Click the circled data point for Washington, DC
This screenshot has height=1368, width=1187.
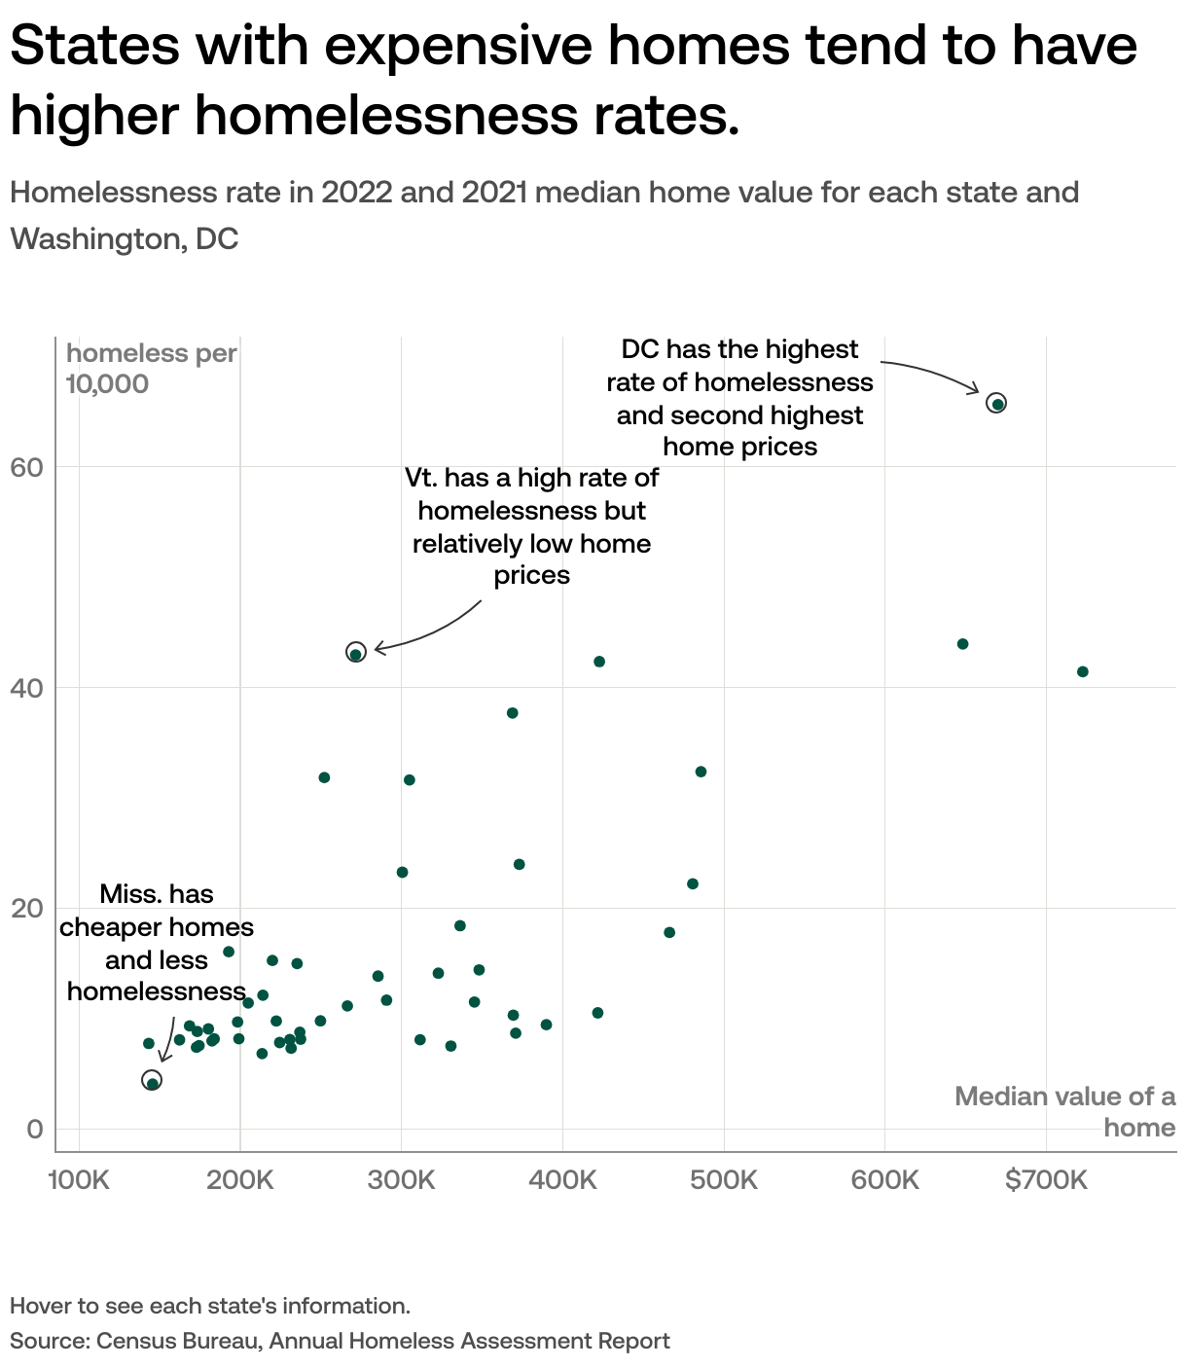point(995,403)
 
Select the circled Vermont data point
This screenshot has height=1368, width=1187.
point(355,653)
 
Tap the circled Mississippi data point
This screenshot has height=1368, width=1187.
point(152,1081)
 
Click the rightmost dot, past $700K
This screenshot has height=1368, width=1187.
point(1082,671)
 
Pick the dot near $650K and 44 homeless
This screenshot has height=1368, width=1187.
point(962,644)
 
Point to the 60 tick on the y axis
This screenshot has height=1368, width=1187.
point(28,467)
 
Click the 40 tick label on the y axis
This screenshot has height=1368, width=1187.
point(28,688)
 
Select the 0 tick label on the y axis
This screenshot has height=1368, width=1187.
point(35,1129)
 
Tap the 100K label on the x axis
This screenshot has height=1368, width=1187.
point(79,1180)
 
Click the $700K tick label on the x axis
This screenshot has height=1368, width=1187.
point(1046,1180)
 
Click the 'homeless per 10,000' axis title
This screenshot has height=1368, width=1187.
point(151,368)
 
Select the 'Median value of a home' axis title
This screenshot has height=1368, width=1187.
point(1064,1111)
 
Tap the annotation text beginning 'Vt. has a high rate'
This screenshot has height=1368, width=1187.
point(531,526)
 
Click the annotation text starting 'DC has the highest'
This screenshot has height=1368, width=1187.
point(739,397)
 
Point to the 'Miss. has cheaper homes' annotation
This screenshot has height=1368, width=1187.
point(156,942)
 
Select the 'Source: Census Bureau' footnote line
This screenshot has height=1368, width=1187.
point(340,1341)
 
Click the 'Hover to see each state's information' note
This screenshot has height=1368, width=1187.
point(210,1306)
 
